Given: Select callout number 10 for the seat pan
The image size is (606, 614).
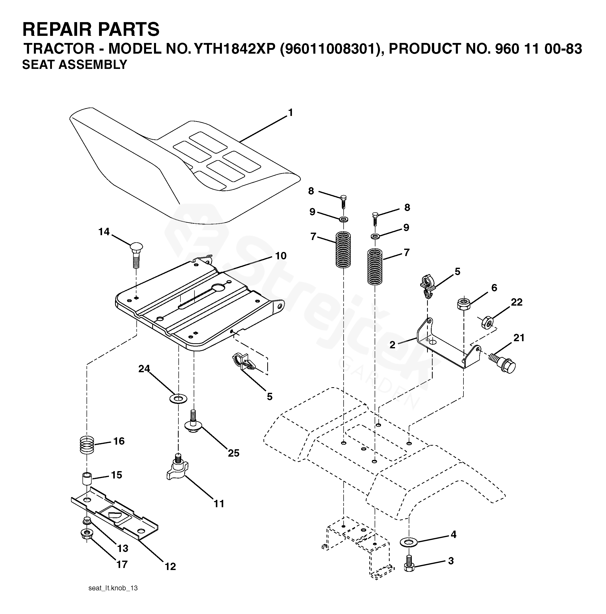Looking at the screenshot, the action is point(280,256).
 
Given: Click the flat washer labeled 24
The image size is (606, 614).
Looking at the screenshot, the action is point(178,398).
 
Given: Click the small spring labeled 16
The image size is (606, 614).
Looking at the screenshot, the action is point(87,445).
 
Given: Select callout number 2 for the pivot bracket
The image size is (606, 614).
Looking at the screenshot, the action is point(392,345).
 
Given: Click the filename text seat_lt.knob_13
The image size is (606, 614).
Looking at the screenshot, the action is point(113,588).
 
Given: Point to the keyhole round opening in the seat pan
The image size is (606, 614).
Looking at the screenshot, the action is point(218,287).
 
